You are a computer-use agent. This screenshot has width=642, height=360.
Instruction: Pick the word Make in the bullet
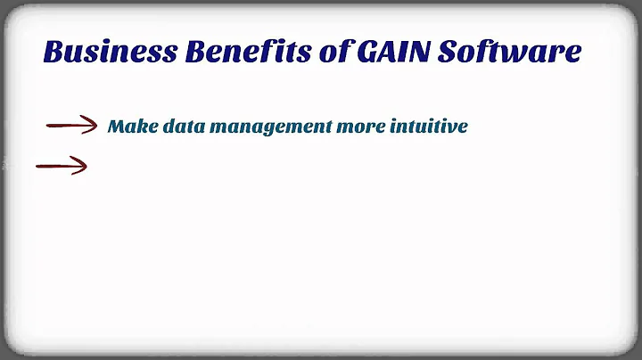(x=127, y=127)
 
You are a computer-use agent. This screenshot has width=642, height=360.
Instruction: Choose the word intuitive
(x=429, y=127)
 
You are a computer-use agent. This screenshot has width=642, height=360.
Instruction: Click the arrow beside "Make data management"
(x=71, y=127)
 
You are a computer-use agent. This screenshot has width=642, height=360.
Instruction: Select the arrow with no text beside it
(x=61, y=165)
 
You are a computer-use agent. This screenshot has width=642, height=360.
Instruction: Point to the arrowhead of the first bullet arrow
(x=90, y=127)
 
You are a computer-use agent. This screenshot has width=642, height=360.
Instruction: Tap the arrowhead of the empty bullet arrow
(x=80, y=165)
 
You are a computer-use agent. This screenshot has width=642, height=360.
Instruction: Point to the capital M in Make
(x=116, y=127)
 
